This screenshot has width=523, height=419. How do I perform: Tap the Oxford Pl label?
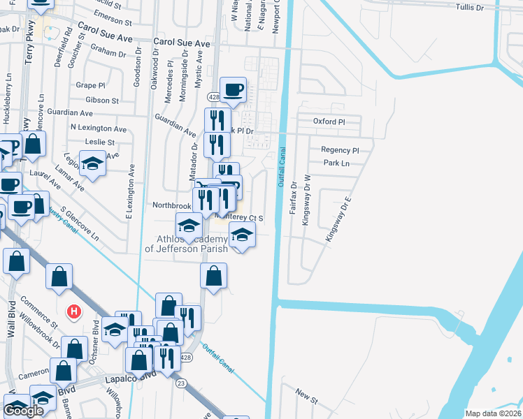329,122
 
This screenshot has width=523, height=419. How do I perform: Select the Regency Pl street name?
339,150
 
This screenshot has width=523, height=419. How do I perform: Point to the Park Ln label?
336,163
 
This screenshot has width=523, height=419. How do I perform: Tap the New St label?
306,397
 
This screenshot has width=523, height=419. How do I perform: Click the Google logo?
23,411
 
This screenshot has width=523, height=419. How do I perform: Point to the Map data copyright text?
492,413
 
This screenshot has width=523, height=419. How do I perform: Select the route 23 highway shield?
181,383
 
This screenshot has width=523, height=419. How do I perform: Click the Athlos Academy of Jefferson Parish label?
186,243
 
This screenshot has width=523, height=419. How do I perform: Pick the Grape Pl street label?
89,85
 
